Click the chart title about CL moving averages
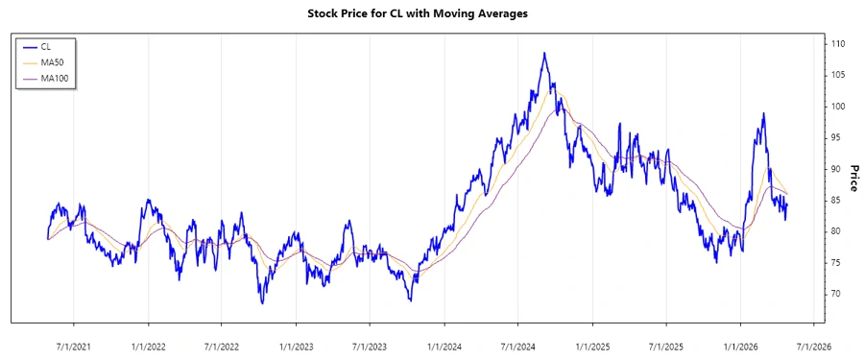pyautogui.click(x=431, y=13)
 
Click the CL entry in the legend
pyautogui.click(x=45, y=45)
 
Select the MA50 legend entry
pyautogui.click(x=50, y=61)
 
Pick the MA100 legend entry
pyautogui.click(x=52, y=78)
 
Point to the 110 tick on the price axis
pyautogui.click(x=837, y=44)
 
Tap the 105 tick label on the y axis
pyautogui.click(x=837, y=75)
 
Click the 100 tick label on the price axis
pyautogui.click(x=837, y=107)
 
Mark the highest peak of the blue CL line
pyautogui.click(x=544, y=53)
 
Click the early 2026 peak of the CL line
pyautogui.click(x=763, y=113)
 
